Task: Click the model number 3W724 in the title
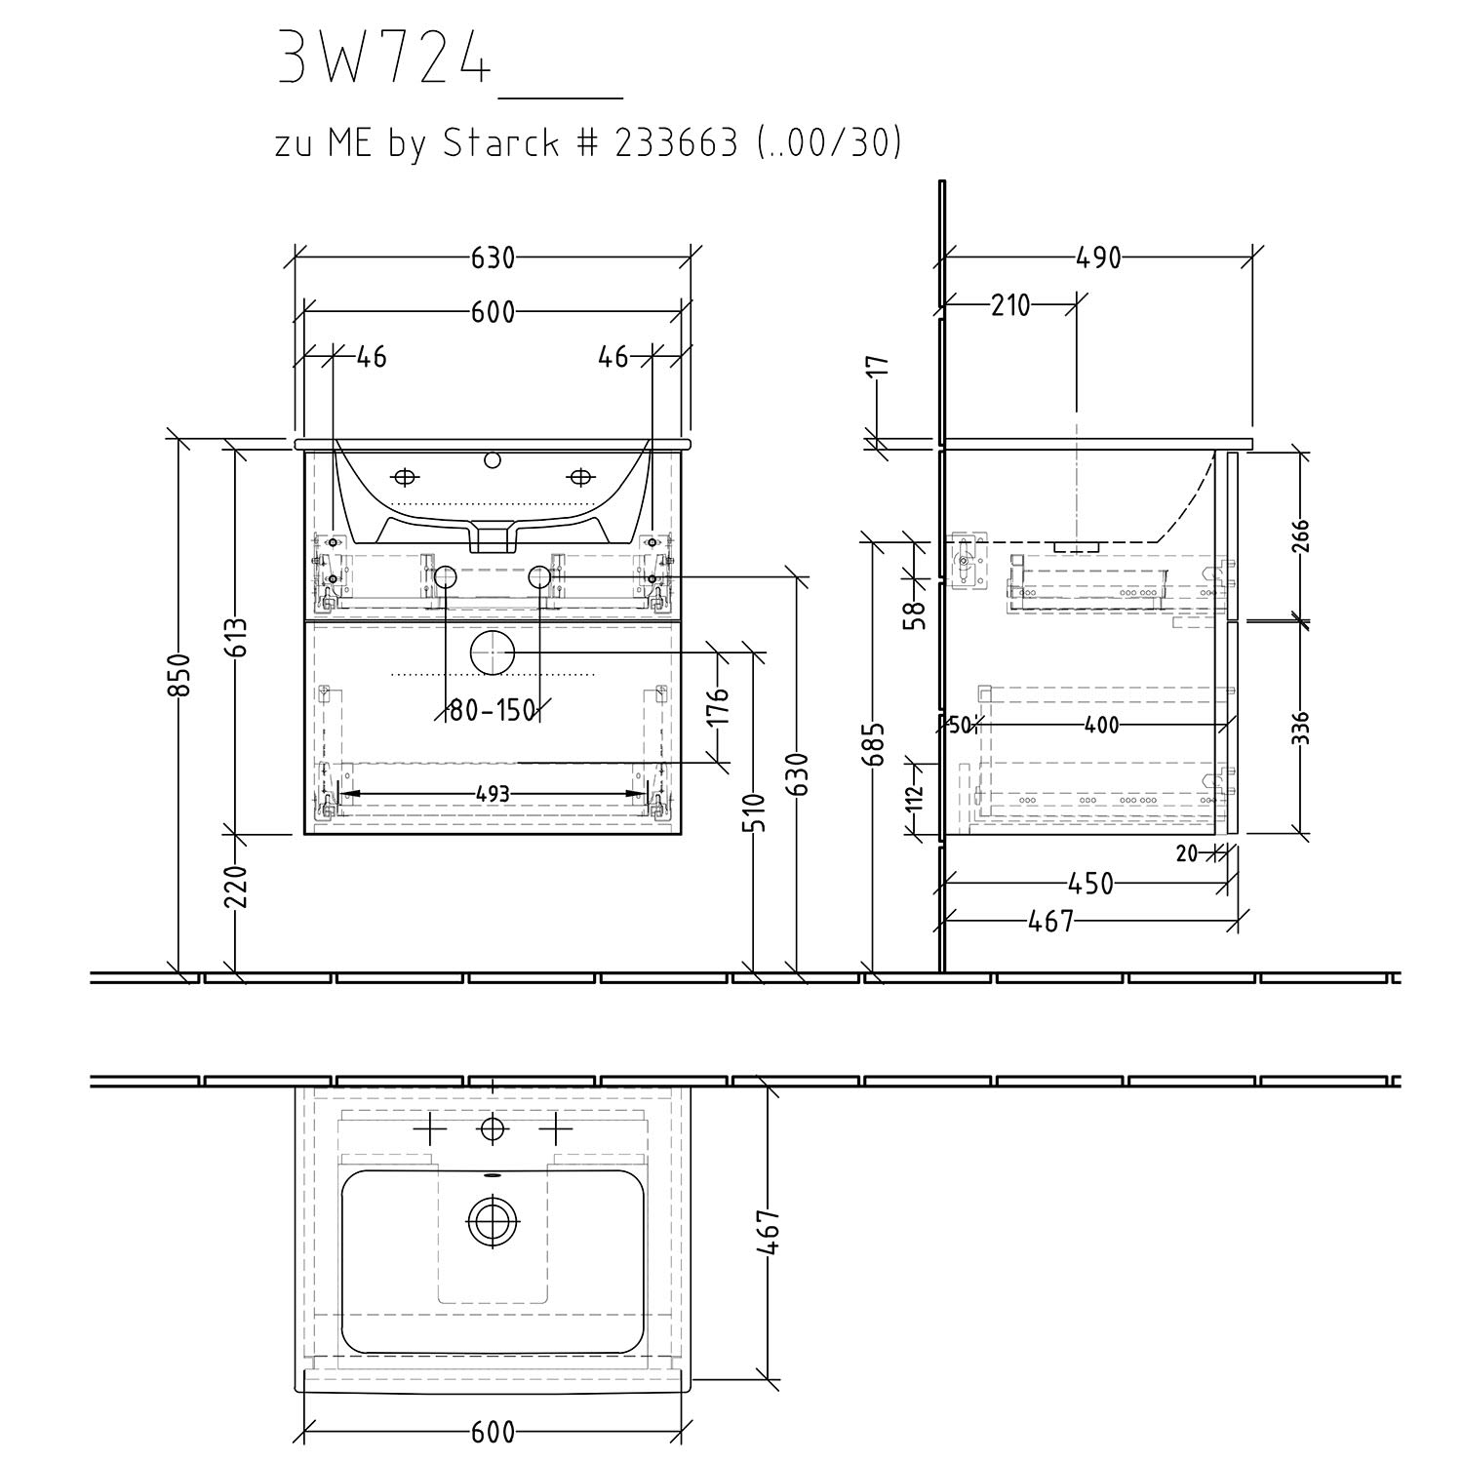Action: (x=382, y=57)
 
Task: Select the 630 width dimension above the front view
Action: (x=493, y=258)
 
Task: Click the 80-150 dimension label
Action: (x=494, y=711)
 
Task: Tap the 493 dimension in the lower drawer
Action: (x=494, y=795)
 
